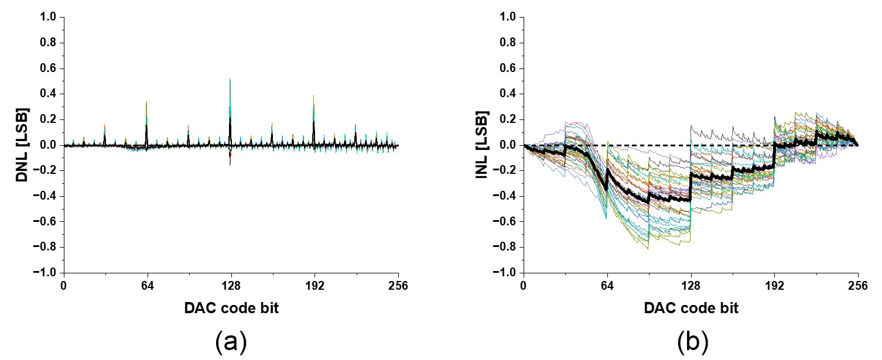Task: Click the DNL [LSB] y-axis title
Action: tap(22, 145)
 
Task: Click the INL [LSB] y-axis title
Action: tap(481, 145)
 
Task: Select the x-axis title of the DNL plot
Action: tap(231, 308)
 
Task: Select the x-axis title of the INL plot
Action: tap(690, 308)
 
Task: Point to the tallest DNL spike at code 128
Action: tap(230, 80)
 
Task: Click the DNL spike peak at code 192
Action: tap(314, 95)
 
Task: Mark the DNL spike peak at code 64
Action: tap(146, 101)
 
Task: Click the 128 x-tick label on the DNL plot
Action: tap(231, 287)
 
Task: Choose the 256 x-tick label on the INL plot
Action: tap(858, 287)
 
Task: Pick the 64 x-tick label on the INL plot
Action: tap(607, 287)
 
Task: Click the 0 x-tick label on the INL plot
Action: tap(524, 287)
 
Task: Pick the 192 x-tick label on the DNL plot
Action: tap(314, 287)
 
